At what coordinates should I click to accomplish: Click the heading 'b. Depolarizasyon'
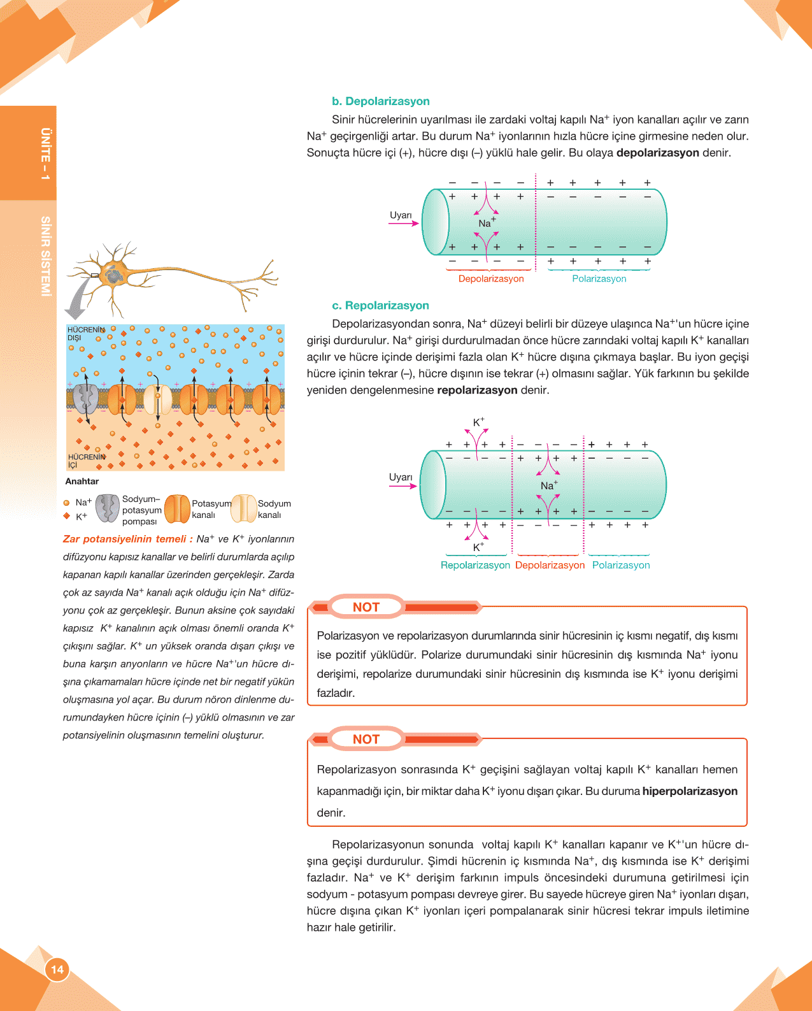pos(380,101)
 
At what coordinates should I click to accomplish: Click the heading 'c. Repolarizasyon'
pos(380,306)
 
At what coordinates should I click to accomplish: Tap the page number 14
pos(57,970)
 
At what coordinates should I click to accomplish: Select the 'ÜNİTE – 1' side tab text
pos(45,154)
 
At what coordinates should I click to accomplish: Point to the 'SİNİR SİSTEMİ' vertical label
pos(45,256)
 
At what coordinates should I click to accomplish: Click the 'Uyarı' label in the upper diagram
pos(401,215)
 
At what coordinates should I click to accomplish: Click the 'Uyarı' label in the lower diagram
pos(401,477)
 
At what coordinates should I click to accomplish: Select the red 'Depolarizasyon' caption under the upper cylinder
pos(491,279)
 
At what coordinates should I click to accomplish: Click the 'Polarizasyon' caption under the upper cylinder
pos(599,279)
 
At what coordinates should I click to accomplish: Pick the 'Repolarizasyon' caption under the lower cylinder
pos(475,565)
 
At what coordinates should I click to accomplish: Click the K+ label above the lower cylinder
pos(478,422)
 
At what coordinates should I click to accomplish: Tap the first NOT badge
pos(366,607)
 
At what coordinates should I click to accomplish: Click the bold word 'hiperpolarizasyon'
pos(690,791)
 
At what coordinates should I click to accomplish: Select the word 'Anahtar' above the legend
pos(82,482)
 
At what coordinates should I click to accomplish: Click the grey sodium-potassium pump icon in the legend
pos(108,508)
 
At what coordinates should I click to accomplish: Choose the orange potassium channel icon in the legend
pos(177,508)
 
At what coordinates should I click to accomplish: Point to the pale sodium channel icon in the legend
pos(243,508)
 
